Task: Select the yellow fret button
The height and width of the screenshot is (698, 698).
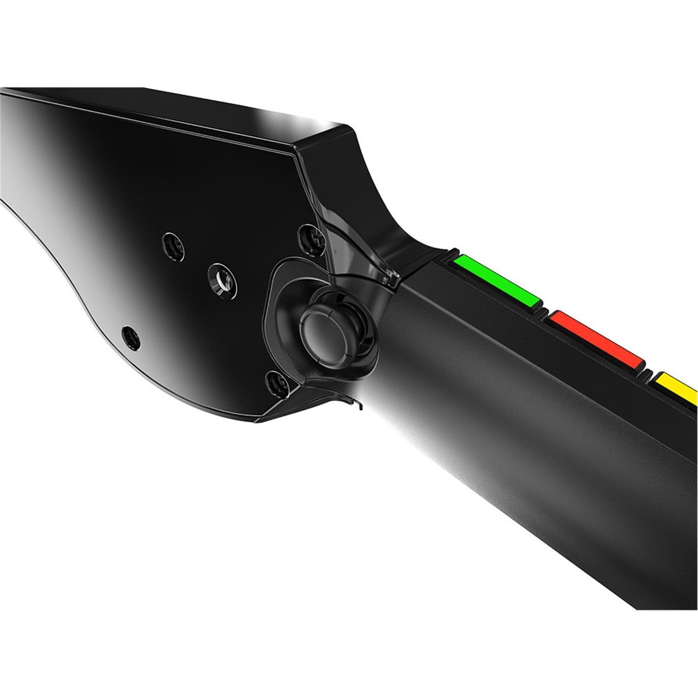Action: click(x=678, y=387)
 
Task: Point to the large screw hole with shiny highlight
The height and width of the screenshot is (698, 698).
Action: click(x=221, y=280)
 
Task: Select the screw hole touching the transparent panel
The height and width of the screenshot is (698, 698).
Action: click(x=311, y=237)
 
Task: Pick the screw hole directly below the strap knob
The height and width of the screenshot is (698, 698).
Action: click(x=277, y=384)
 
